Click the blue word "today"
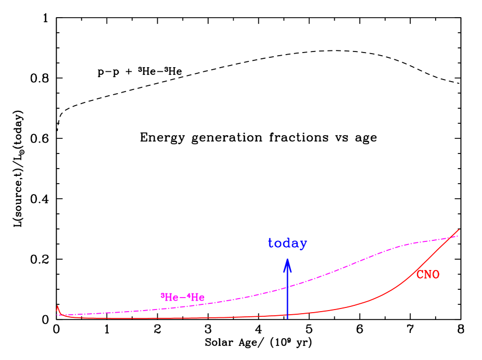pyautogui.click(x=287, y=243)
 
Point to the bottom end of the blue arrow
pyautogui.click(x=287, y=318)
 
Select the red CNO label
pyautogui.click(x=427, y=275)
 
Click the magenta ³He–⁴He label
pyautogui.click(x=183, y=298)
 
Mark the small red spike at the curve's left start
pyautogui.click(x=57, y=307)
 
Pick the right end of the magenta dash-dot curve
pyautogui.click(x=458, y=236)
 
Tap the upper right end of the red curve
pyautogui.click(x=459, y=229)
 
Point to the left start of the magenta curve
pyautogui.click(x=57, y=315)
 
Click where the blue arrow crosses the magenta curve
pyautogui.click(x=287, y=287)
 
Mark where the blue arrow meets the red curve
pyautogui.click(x=287, y=315)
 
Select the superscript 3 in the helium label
pyautogui.click(x=162, y=295)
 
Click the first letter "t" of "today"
pyautogui.click(x=271, y=243)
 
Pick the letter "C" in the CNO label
pyautogui.click(x=420, y=275)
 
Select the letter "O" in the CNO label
pyautogui.click(x=436, y=275)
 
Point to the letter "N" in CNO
pyautogui.click(x=427, y=275)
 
